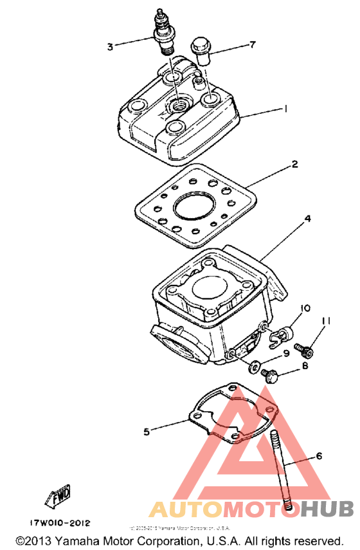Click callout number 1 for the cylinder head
tap(284, 110)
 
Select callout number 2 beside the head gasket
tap(294, 165)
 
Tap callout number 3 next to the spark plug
tap(111, 46)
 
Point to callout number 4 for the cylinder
tap(308, 219)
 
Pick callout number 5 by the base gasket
tap(147, 432)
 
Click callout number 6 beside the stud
tap(318, 457)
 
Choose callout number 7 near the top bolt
tap(253, 45)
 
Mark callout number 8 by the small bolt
tap(305, 367)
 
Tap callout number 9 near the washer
tap(305, 353)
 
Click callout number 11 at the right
tap(327, 321)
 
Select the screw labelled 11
tap(303, 349)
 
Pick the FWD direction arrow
tap(57, 495)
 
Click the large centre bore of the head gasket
tap(190, 208)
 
